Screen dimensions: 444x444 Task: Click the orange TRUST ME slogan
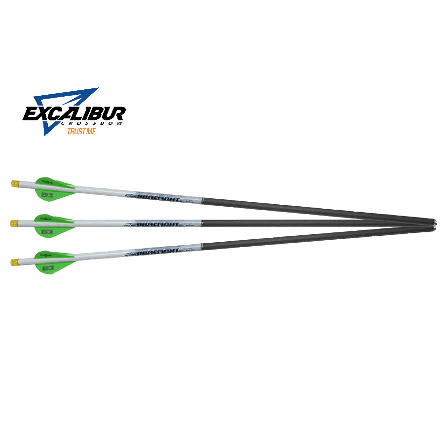click(x=82, y=132)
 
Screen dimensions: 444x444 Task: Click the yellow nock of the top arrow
click(x=15, y=184)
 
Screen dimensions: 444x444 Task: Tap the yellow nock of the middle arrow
click(x=14, y=223)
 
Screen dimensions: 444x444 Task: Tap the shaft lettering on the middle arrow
click(x=158, y=223)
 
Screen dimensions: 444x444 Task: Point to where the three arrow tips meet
click(x=433, y=223)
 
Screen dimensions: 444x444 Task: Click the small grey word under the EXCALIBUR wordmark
click(x=106, y=124)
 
